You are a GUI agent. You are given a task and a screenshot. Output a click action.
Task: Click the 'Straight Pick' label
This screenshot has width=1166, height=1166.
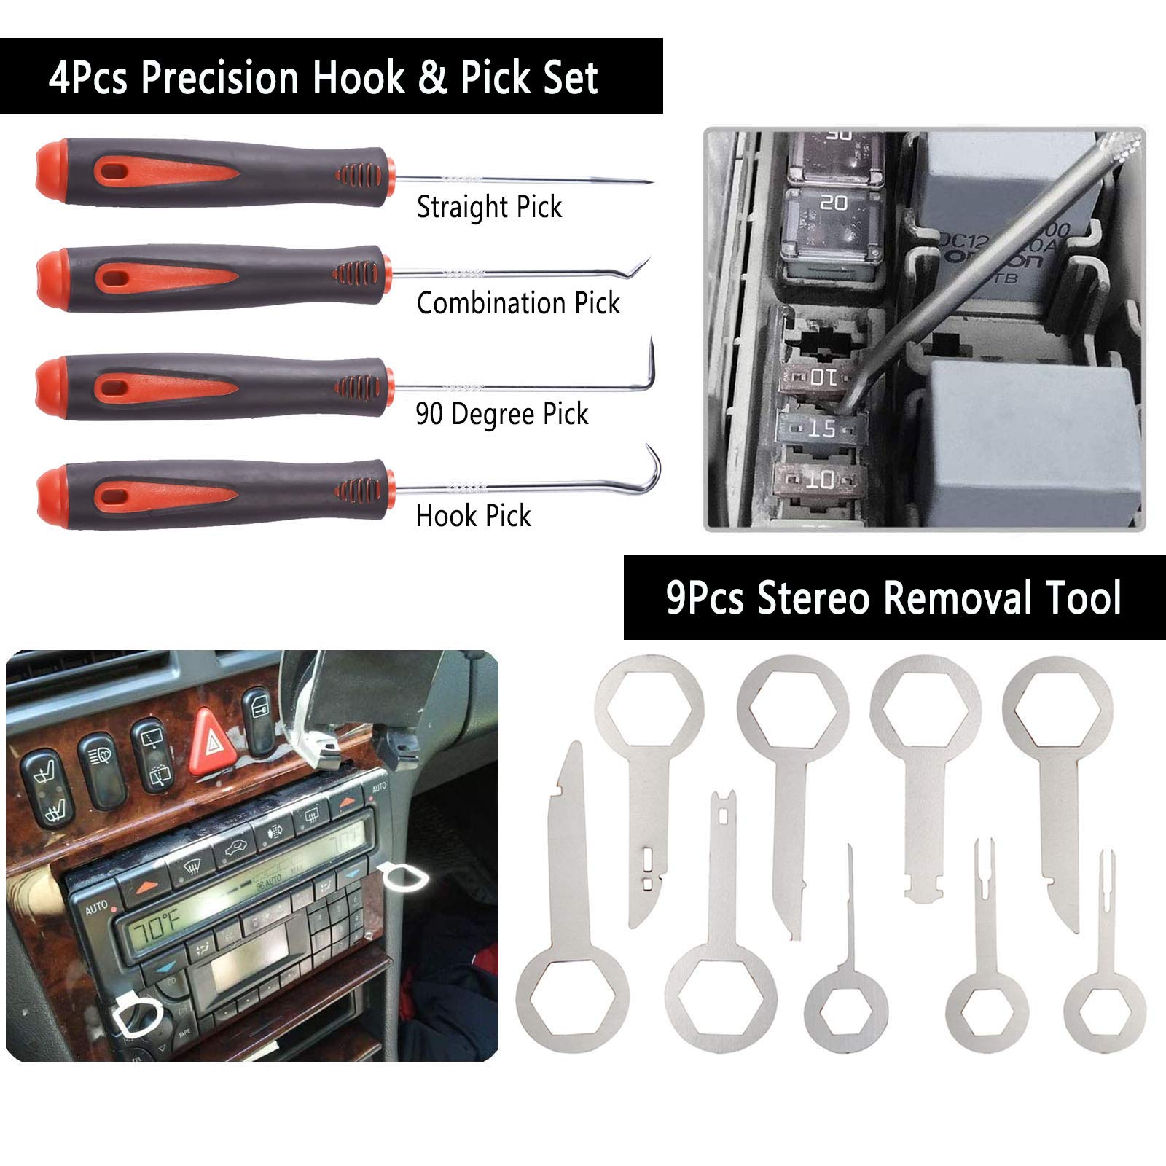pyautogui.click(x=489, y=207)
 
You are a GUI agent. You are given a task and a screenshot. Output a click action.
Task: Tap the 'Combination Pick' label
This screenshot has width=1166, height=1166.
pyautogui.click(x=518, y=303)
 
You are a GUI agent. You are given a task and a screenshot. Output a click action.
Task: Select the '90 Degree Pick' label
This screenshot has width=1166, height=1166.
pyautogui.click(x=501, y=414)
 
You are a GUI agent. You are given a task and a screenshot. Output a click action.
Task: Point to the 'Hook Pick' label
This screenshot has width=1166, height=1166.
pyautogui.click(x=473, y=516)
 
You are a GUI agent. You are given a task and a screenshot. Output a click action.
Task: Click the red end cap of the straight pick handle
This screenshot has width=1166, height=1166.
pyautogui.click(x=50, y=171)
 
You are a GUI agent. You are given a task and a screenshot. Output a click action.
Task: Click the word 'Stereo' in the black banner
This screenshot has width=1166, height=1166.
pyautogui.click(x=813, y=598)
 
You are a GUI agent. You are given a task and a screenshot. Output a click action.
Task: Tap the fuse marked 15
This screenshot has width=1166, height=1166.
pyautogui.click(x=822, y=429)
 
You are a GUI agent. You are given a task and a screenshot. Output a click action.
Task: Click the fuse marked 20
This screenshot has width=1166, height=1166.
pyautogui.click(x=834, y=203)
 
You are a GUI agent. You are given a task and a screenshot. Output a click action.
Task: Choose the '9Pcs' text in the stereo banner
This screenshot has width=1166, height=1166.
pyautogui.click(x=705, y=598)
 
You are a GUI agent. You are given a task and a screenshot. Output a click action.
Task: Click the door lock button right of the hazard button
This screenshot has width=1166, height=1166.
pyautogui.click(x=259, y=720)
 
